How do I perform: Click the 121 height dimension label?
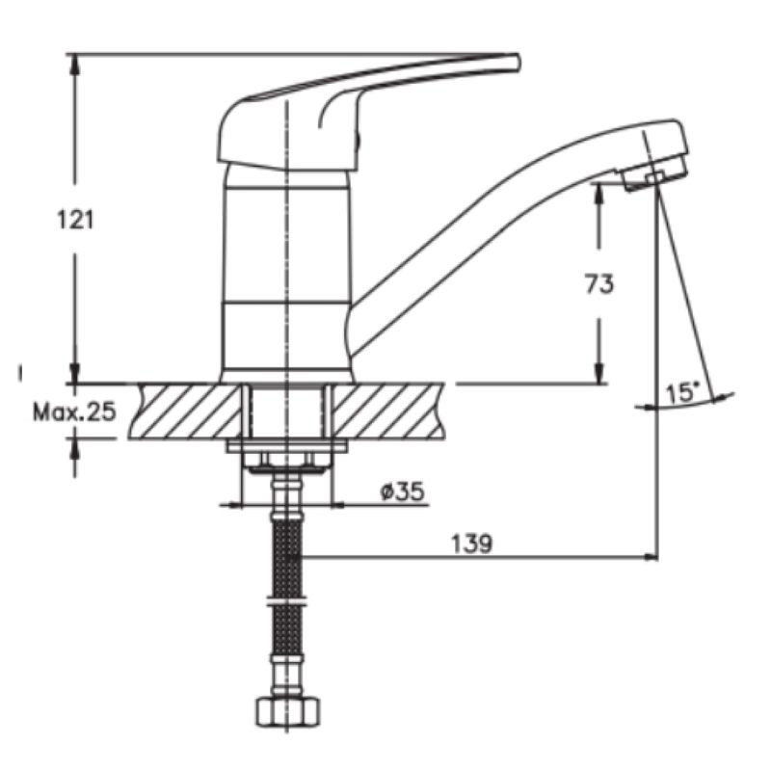[x=75, y=220]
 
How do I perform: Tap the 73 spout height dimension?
[x=599, y=283]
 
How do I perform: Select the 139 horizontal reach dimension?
[x=471, y=544]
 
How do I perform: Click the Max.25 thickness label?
[x=75, y=412]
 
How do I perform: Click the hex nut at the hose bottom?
[x=288, y=710]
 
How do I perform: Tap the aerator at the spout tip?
[x=655, y=173]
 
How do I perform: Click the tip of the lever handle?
[x=518, y=63]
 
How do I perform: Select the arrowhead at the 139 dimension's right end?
[x=651, y=557]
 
